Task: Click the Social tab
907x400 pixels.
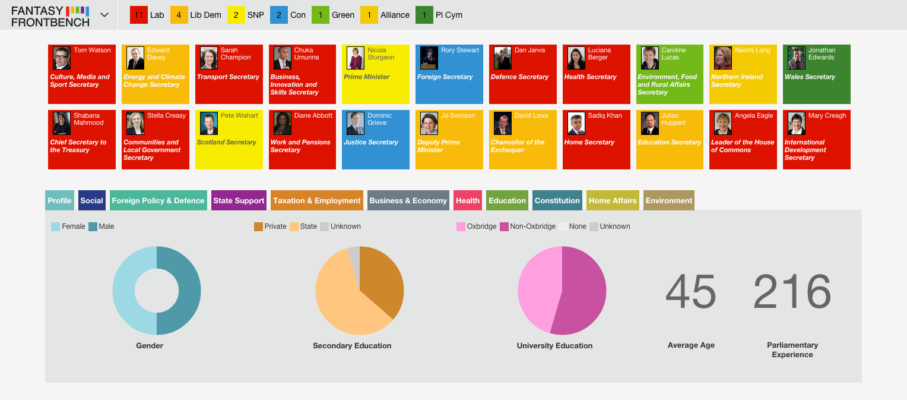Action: [91, 200]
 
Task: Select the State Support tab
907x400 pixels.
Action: [239, 200]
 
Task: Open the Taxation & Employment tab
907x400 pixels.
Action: [316, 200]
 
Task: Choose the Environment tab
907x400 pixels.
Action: [668, 200]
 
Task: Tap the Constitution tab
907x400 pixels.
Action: [557, 200]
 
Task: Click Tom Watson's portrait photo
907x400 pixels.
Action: [62, 58]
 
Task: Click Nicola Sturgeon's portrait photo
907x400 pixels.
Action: [356, 58]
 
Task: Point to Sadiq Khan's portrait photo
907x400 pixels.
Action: [576, 124]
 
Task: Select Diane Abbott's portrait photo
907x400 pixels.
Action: [282, 124]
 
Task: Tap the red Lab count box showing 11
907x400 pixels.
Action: [138, 15]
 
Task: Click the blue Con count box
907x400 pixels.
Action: [278, 15]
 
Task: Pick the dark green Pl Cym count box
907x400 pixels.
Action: [424, 15]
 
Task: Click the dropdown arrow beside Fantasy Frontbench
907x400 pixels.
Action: [104, 15]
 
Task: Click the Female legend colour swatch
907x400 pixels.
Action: [55, 226]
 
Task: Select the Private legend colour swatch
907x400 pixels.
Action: [258, 226]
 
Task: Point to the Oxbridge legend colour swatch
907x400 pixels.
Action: [461, 226]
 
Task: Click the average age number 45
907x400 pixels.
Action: [691, 291]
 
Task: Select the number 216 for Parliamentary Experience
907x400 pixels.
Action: [792, 291]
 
